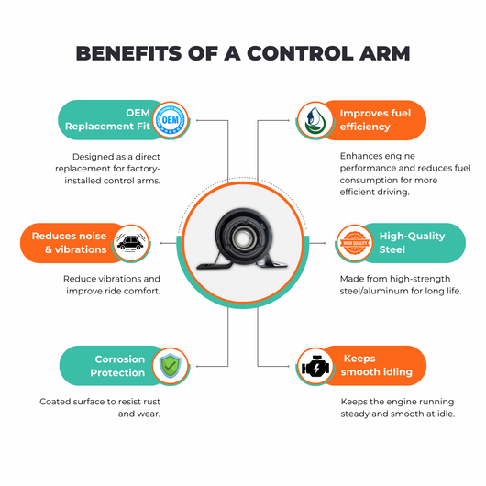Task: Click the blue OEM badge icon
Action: tap(171, 120)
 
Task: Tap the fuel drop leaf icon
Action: tap(315, 120)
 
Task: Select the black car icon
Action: tap(130, 243)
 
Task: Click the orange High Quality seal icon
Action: tap(355, 243)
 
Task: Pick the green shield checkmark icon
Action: tap(171, 366)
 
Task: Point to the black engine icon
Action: tap(315, 367)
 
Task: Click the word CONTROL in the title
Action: tap(300, 53)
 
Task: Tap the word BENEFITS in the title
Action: tap(128, 53)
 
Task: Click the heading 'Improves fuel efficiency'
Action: tap(375, 120)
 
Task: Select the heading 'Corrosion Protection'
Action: tap(117, 366)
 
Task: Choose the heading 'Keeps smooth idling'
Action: tap(376, 366)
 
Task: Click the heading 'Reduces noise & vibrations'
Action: tap(69, 243)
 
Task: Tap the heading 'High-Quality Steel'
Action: tap(412, 243)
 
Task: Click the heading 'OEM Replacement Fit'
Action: tap(107, 119)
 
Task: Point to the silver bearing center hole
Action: tap(242, 238)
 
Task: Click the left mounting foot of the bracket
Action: tap(214, 265)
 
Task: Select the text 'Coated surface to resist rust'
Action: tap(100, 402)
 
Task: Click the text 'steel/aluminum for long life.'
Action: tap(401, 291)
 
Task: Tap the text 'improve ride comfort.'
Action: tap(113, 291)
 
